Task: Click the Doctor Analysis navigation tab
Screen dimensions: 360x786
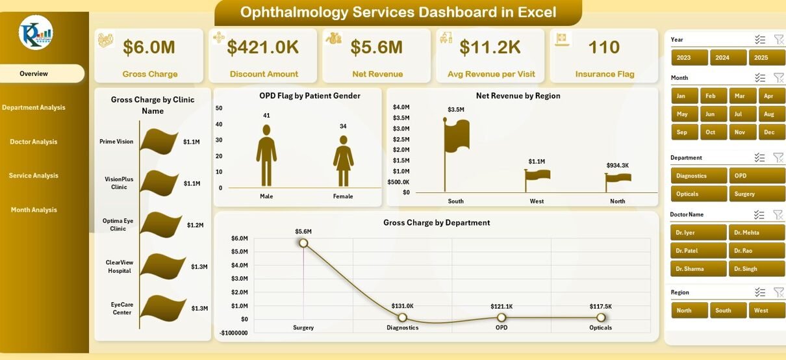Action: [x=34, y=142]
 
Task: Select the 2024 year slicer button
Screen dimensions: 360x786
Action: [x=722, y=58]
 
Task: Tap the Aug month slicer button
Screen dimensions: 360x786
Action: [x=769, y=114]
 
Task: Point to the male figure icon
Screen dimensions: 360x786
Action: [x=266, y=155]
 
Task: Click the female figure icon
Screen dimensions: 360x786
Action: [x=343, y=161]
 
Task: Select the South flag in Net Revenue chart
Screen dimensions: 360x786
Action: [x=456, y=137]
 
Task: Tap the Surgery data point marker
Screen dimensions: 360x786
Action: [x=303, y=243]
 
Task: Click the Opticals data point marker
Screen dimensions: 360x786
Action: [x=601, y=317]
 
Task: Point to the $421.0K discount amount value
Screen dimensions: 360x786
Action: [x=263, y=47]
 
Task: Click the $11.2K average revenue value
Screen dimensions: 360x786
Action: [x=490, y=47]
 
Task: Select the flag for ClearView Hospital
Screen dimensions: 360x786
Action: [x=162, y=266]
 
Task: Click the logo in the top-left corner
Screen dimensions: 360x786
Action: [x=36, y=32]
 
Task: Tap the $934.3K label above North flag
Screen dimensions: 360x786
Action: [x=617, y=166]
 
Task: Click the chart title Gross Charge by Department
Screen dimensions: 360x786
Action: [x=437, y=222]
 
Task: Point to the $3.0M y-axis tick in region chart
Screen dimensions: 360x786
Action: [x=401, y=129]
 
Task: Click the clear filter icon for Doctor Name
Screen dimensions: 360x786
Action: [x=778, y=214]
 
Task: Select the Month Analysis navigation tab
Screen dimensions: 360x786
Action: [x=34, y=210]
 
